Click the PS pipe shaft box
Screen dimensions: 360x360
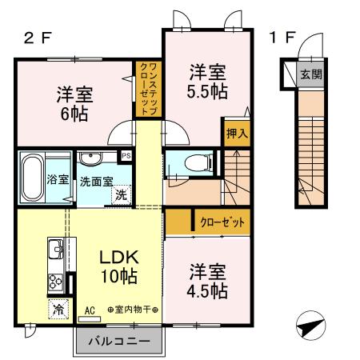click(126, 156)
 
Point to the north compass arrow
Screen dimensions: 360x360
click(310, 326)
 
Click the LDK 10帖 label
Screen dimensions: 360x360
click(118, 267)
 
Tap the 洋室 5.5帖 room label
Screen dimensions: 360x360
click(206, 80)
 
